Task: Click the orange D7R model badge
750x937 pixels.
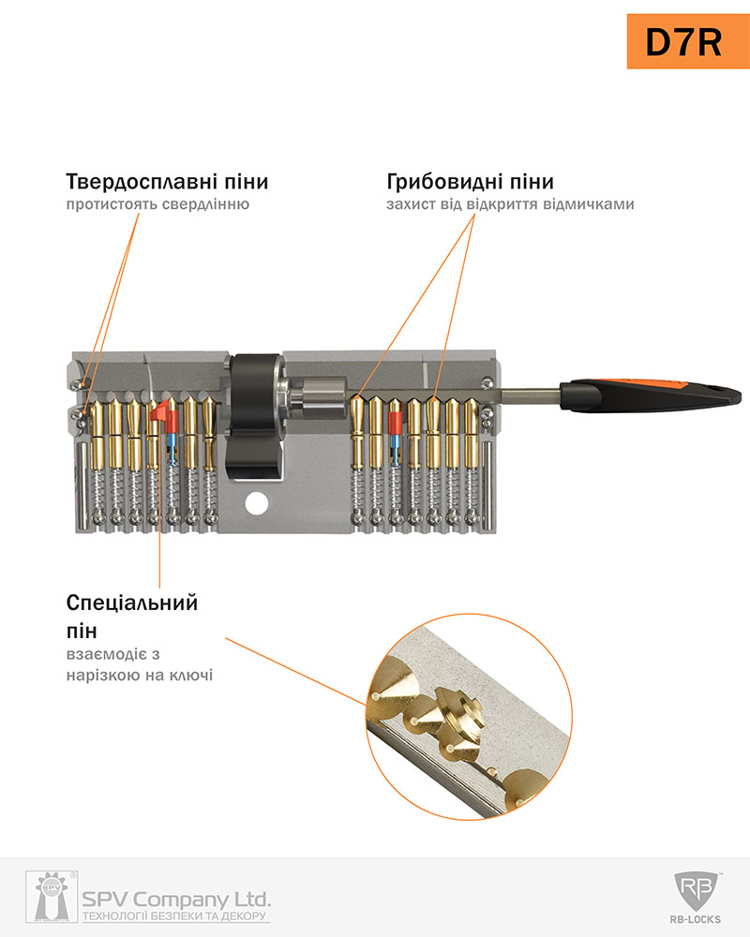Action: [x=688, y=41]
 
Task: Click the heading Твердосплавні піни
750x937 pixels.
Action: [x=167, y=182]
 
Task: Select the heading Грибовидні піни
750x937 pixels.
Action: [x=470, y=182]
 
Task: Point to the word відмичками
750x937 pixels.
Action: [x=589, y=204]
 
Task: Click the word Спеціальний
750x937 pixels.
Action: [x=131, y=602]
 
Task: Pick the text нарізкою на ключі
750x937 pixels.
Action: [x=140, y=676]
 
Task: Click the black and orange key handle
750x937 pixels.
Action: [x=651, y=395]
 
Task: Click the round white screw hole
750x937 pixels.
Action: [x=257, y=503]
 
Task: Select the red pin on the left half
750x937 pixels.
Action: [x=164, y=417]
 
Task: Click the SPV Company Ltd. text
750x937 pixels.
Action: [x=176, y=900]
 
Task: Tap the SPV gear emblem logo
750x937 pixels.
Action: [x=52, y=897]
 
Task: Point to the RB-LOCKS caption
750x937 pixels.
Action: [x=696, y=920]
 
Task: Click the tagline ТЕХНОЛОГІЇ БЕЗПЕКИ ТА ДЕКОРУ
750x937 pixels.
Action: [x=174, y=916]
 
